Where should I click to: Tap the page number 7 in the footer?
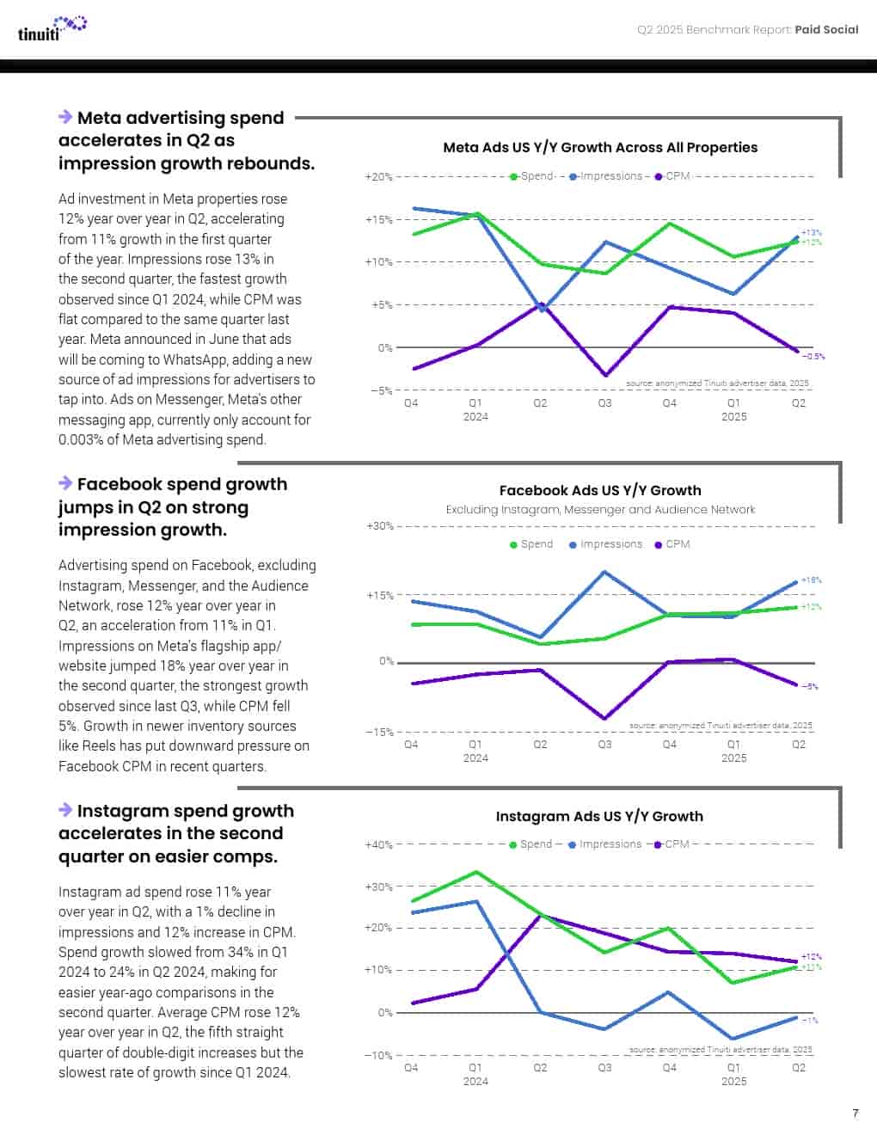tap(855, 1113)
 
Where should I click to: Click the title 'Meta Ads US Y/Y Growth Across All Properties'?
tap(600, 147)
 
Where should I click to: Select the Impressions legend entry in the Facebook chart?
tap(605, 544)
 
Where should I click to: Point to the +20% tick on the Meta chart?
tap(378, 177)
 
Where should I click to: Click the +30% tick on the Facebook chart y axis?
tap(379, 525)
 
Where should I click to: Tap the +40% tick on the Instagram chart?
tap(378, 844)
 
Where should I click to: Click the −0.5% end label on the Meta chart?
tap(813, 356)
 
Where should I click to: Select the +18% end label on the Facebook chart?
tap(811, 580)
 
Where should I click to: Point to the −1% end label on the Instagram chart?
tap(810, 1021)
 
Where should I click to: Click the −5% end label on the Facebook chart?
tap(810, 687)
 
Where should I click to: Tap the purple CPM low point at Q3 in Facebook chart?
tap(605, 718)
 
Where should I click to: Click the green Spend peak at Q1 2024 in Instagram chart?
tap(476, 872)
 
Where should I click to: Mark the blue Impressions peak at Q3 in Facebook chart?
tap(605, 572)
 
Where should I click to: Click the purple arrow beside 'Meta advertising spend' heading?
tap(65, 117)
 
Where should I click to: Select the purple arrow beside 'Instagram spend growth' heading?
tap(65, 810)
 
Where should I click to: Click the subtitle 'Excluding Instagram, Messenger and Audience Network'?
tap(600, 510)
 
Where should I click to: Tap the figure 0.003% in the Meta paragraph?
tap(80, 439)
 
